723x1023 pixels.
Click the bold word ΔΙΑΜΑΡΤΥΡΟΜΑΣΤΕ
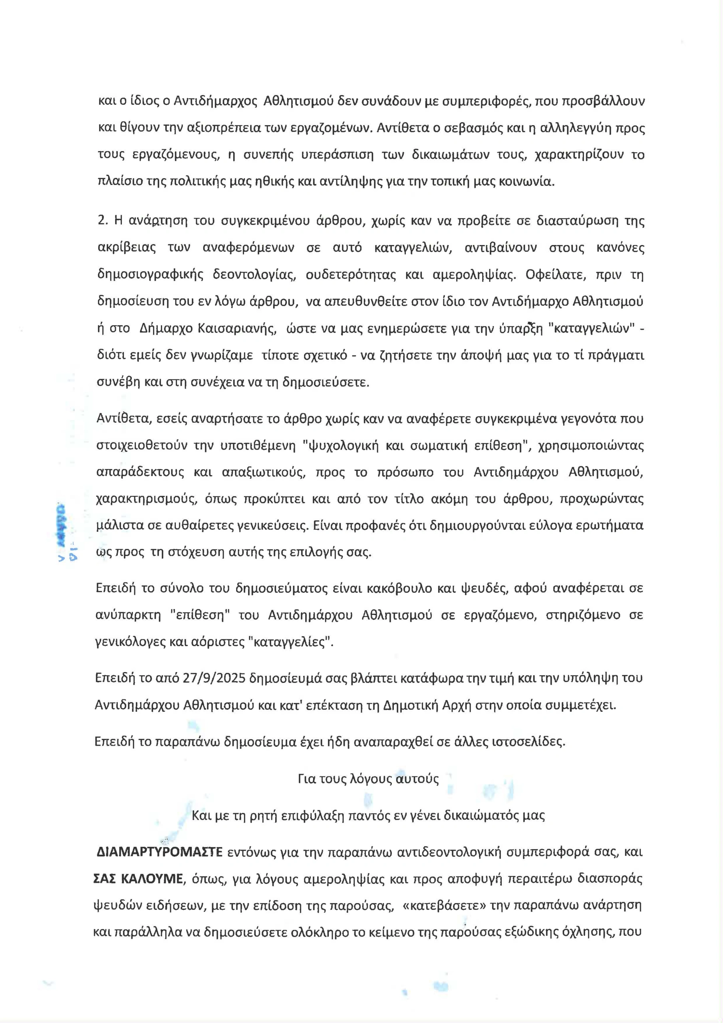point(159,852)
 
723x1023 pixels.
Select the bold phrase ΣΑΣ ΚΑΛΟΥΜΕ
point(138,879)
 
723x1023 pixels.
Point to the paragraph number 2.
point(103,221)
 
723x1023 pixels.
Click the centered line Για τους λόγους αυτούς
point(368,779)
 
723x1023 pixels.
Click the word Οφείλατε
point(550,275)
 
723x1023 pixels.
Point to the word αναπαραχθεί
point(395,742)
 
